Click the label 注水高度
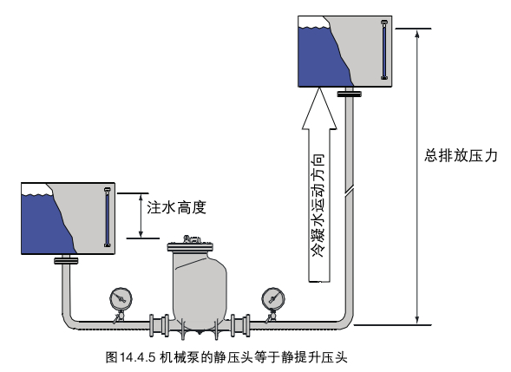[x=176, y=207]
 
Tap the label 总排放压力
[x=461, y=155]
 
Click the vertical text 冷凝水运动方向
[x=318, y=206]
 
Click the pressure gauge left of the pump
[x=121, y=298]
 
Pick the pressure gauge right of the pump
[x=273, y=298]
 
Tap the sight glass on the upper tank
[x=384, y=49]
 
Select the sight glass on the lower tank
[x=108, y=218]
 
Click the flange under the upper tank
[x=350, y=94]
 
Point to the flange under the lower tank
[x=66, y=261]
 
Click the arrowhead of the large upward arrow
[x=319, y=108]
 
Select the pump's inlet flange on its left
[x=159, y=325]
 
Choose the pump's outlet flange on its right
[x=240, y=325]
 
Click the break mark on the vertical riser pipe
[x=349, y=191]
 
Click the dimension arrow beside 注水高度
[x=141, y=216]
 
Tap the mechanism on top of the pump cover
[x=192, y=239]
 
